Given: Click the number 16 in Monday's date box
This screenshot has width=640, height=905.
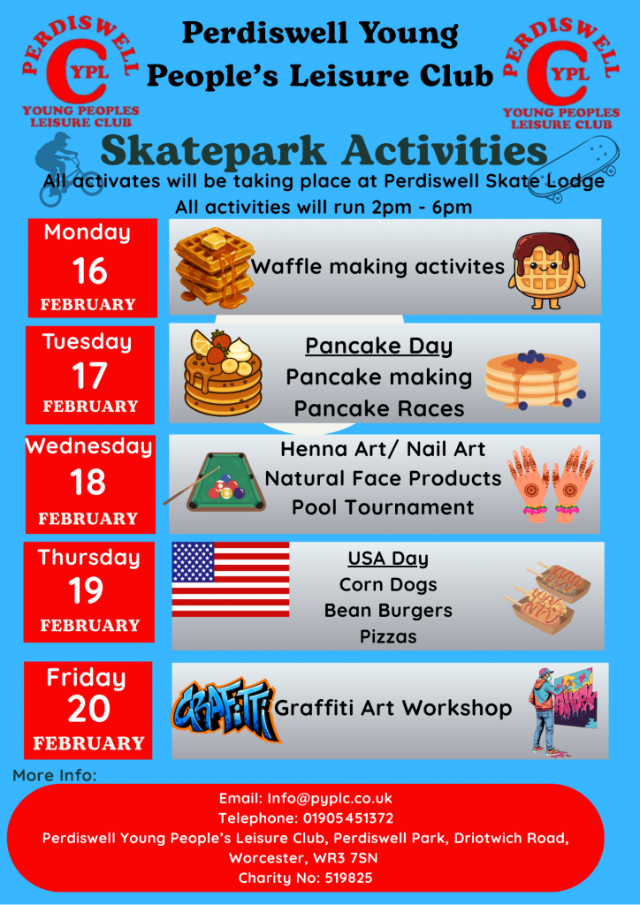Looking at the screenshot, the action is tap(90, 270).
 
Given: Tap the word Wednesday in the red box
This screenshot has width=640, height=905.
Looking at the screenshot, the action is tap(89, 447).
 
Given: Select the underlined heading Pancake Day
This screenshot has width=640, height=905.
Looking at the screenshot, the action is tap(378, 346).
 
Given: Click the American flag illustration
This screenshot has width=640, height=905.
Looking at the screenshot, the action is tap(231, 580).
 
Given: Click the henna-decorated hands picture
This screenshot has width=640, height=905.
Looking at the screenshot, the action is tap(551, 484).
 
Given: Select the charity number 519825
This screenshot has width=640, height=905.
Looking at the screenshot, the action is tap(347, 878).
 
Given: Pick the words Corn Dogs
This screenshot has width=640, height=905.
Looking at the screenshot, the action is tap(388, 585).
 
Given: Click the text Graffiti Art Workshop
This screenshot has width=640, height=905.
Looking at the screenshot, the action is tap(393, 708).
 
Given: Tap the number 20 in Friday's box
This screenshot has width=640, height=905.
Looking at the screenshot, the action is tap(89, 710).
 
